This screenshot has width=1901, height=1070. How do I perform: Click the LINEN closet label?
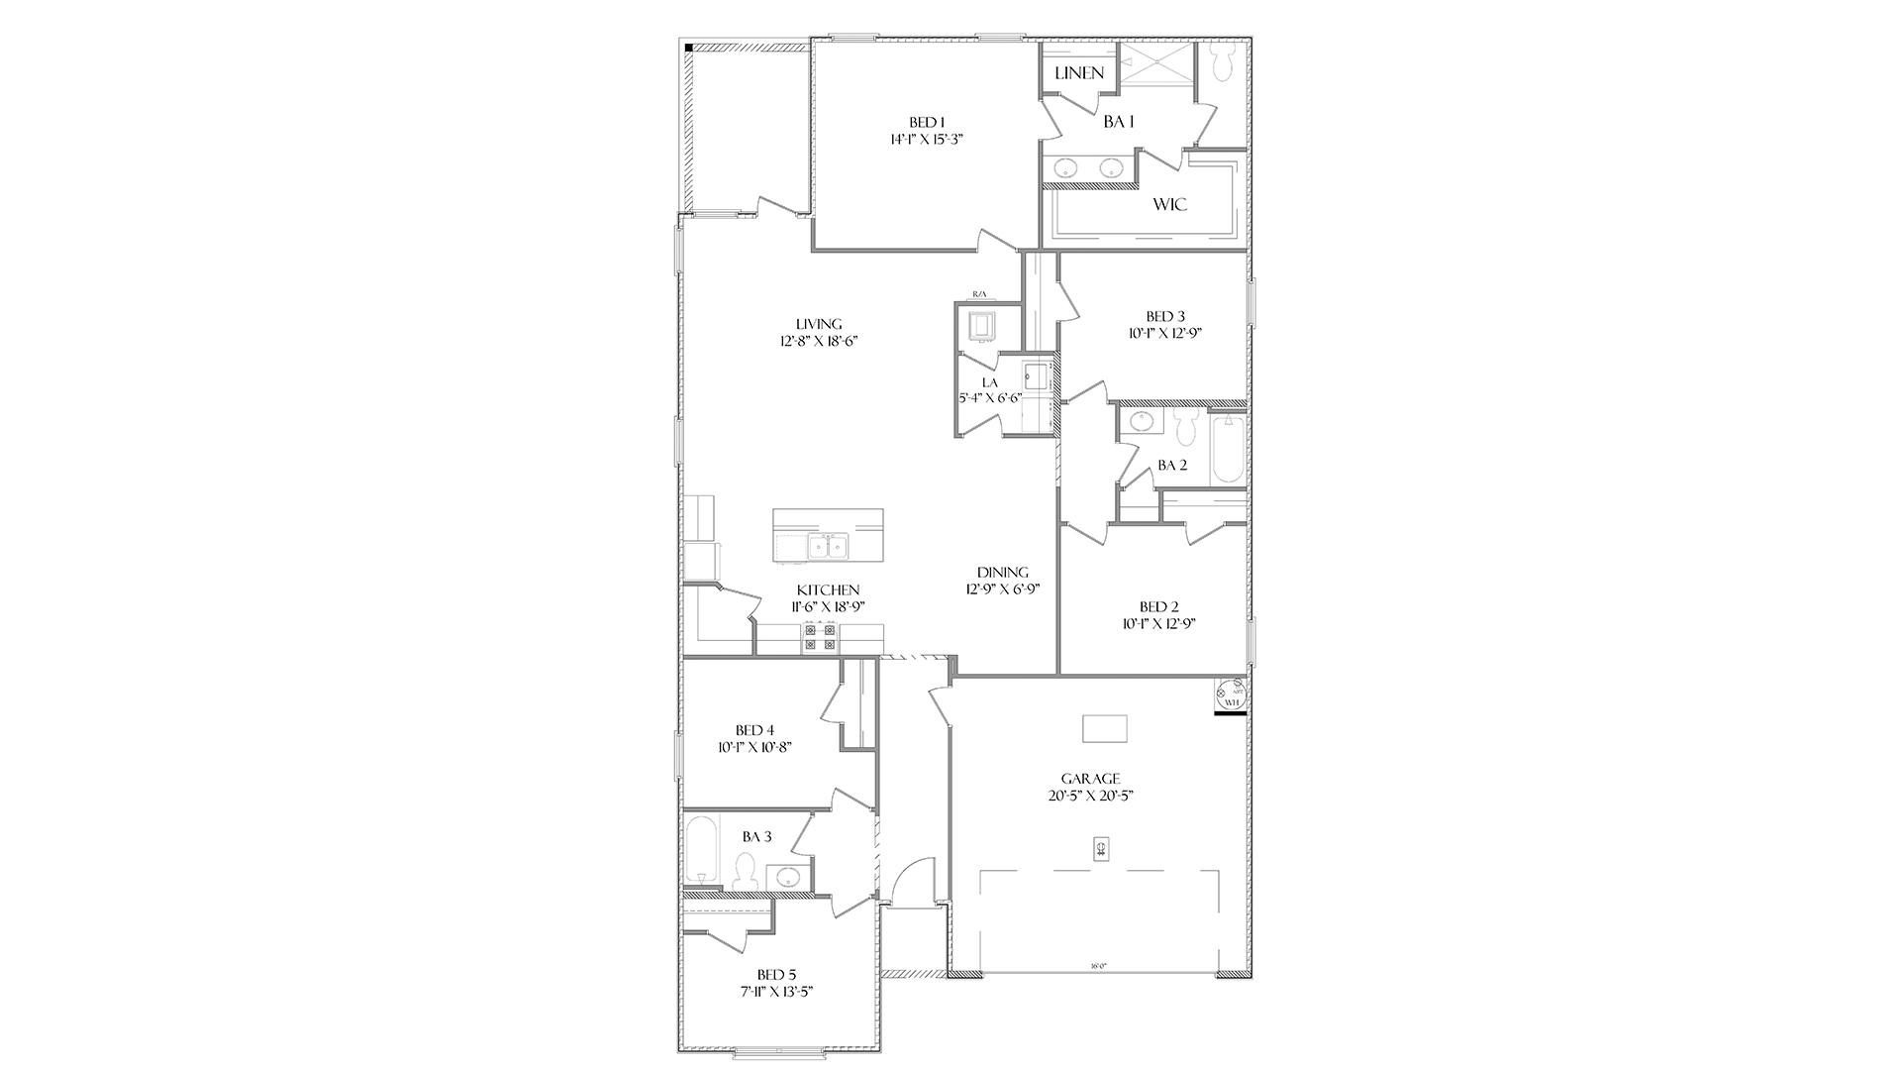[1078, 73]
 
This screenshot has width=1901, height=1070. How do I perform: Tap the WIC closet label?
[1169, 205]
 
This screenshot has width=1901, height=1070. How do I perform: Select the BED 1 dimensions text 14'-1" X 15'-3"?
[927, 140]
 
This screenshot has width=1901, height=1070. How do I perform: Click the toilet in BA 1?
[1221, 61]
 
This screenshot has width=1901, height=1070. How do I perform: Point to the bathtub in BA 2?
[1228, 450]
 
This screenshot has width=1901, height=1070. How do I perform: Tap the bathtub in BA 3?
[700, 852]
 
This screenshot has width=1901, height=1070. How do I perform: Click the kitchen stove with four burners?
[819, 637]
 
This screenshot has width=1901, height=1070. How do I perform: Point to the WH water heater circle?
[1231, 695]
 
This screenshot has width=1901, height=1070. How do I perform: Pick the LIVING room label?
[819, 324]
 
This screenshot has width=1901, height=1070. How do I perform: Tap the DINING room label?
[1002, 572]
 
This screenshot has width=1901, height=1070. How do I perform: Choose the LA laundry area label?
[989, 382]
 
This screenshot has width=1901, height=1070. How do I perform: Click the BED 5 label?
[777, 974]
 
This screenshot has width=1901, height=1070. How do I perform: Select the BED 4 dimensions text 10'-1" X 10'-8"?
[754, 747]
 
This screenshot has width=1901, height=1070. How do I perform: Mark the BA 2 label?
[1172, 466]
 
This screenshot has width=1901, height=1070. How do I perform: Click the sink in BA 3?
[789, 876]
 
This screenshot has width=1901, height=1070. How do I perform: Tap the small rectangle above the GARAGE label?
[1105, 728]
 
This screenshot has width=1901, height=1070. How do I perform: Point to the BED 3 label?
[1166, 317]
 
